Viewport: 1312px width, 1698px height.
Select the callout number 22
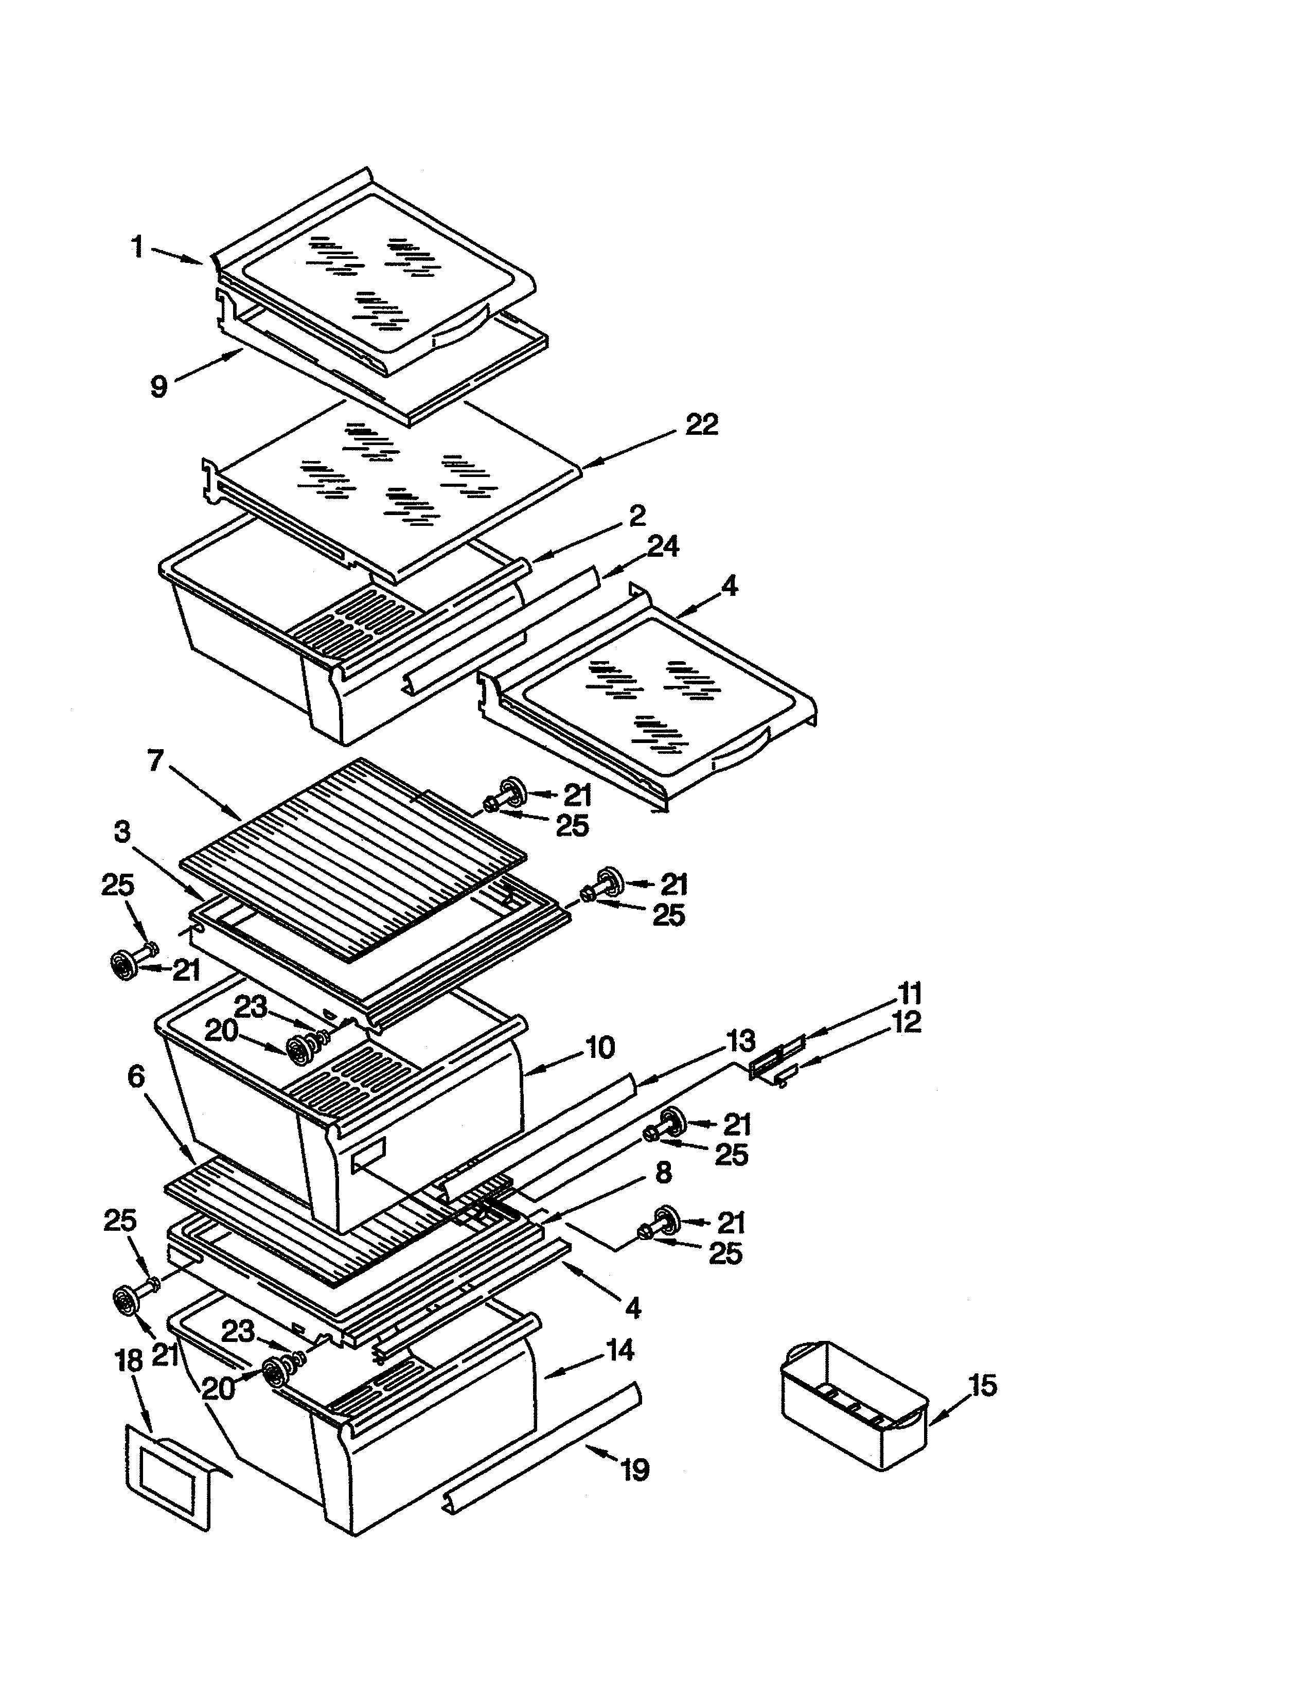pyautogui.click(x=701, y=424)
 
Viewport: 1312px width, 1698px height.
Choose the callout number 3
pyautogui.click(x=122, y=832)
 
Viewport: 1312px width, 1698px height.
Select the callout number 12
pyautogui.click(x=906, y=1021)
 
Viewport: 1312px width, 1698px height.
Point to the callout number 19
pyautogui.click(x=635, y=1470)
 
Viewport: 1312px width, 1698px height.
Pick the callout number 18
pyautogui.click(x=129, y=1360)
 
